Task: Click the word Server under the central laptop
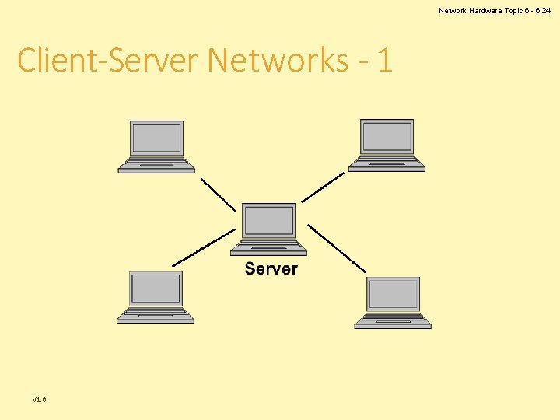tap(271, 269)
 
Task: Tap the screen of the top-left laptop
tap(157, 138)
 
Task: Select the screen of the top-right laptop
tap(387, 137)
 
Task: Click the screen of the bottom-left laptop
tap(156, 289)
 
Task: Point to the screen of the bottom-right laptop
tap(394, 295)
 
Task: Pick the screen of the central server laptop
tap(269, 222)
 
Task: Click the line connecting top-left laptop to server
tap(218, 194)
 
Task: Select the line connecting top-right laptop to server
tap(322, 187)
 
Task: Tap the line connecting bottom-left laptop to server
tap(203, 247)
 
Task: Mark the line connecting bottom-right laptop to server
tap(336, 248)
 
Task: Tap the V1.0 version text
tap(39, 400)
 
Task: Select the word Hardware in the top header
tap(488, 10)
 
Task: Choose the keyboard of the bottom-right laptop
tap(393, 320)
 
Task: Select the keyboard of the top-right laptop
tap(387, 163)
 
